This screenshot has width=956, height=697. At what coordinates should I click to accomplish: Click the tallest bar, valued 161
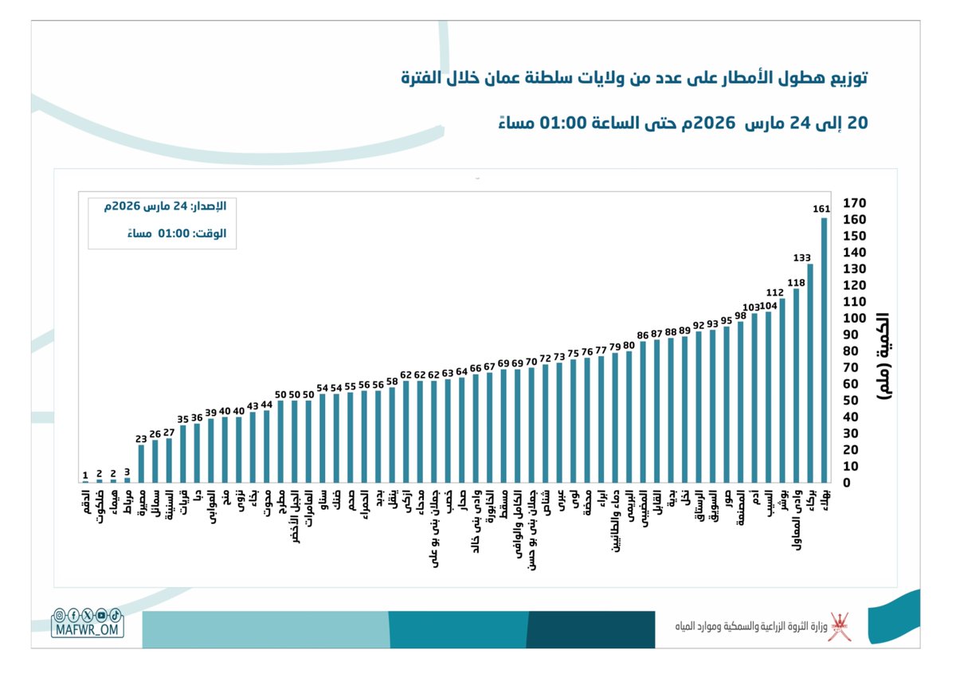pyautogui.click(x=824, y=350)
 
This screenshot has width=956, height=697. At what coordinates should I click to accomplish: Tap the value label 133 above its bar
pyautogui.click(x=802, y=257)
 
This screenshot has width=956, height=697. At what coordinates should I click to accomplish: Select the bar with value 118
pyautogui.click(x=796, y=386)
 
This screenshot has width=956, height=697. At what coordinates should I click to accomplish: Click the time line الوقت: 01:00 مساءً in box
pyautogui.click(x=177, y=233)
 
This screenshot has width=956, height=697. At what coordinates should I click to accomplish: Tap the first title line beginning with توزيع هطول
pyautogui.click(x=633, y=79)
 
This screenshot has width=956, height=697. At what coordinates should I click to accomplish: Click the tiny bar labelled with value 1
pyautogui.click(x=85, y=481)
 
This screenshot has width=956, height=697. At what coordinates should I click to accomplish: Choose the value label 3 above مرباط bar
pyautogui.click(x=127, y=471)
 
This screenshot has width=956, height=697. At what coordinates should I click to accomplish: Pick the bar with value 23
pyautogui.click(x=142, y=464)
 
